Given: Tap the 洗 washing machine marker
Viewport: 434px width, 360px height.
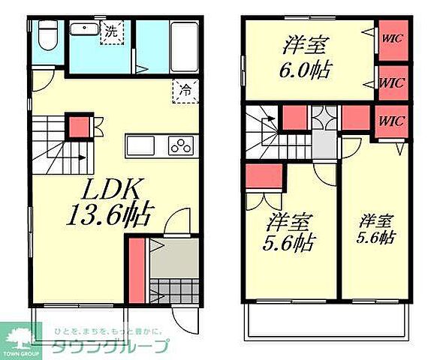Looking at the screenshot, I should coord(110,32).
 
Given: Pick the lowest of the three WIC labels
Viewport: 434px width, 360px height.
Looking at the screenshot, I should coord(391,120).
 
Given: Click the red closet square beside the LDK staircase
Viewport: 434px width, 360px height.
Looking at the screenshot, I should coord(77,126).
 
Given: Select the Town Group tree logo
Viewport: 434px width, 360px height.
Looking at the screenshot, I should coord(23,338).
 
